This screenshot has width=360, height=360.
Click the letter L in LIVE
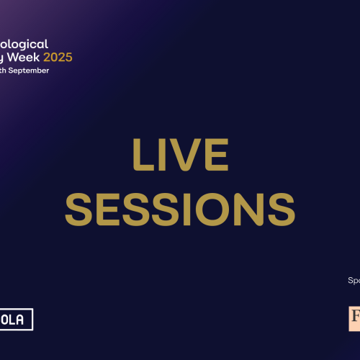click(x=143, y=155)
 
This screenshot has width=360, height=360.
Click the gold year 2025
click(x=58, y=57)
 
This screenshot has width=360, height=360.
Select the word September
click(x=30, y=71)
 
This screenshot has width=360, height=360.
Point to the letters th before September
click(x=5, y=71)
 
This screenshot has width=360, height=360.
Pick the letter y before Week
click(x=3, y=58)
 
